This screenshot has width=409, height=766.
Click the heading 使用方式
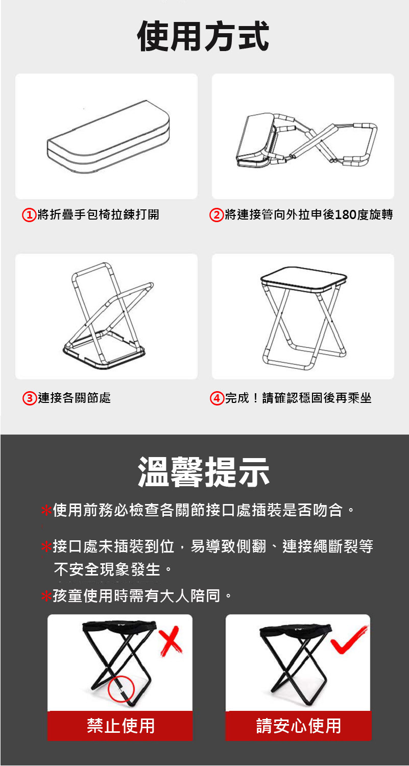coord(203,36)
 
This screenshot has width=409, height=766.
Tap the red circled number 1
coord(29,215)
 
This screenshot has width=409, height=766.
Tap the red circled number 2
coord(216,215)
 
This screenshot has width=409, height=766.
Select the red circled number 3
coord(30,398)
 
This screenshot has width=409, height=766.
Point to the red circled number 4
coord(217,398)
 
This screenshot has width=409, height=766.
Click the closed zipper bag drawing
coord(108,137)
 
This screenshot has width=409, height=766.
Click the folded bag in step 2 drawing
coord(256,141)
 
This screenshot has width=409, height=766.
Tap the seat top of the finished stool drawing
coord(304,279)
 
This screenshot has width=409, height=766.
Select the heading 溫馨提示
coord(204,472)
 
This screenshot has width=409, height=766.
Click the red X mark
coord(171,640)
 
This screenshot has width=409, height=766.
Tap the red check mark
coord(349,639)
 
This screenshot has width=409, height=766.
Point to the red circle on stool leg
coord(121,689)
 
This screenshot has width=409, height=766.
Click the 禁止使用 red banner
coord(120,726)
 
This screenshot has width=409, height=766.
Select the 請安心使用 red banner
coord(298,726)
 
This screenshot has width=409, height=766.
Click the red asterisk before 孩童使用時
coord(46,596)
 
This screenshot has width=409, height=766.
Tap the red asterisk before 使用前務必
coord(46,511)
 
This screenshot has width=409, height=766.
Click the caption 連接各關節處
coord(74,398)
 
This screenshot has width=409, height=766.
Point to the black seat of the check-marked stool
coord(296,629)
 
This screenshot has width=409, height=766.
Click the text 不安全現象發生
coord(107,569)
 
